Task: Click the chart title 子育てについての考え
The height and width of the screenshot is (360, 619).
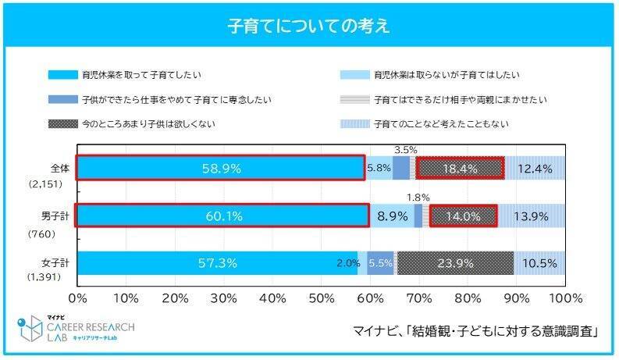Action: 309,26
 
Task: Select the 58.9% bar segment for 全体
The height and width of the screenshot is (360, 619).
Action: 220,169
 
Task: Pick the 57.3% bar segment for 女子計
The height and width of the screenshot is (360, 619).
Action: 217,264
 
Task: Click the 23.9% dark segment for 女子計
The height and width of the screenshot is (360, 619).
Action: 455,264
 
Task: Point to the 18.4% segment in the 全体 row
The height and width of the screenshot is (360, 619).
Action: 460,169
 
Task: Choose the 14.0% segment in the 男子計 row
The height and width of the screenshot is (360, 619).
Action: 463,216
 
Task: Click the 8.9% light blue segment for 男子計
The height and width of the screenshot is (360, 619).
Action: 391,216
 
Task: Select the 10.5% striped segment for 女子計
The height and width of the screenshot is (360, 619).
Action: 540,264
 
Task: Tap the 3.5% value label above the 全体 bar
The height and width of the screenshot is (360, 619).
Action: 404,148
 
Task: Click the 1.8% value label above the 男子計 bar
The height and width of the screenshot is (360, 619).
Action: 418,197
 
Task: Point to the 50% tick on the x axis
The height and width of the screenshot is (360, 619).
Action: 321,299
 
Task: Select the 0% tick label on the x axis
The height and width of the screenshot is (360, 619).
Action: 78,299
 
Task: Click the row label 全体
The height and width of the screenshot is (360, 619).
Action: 59,168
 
